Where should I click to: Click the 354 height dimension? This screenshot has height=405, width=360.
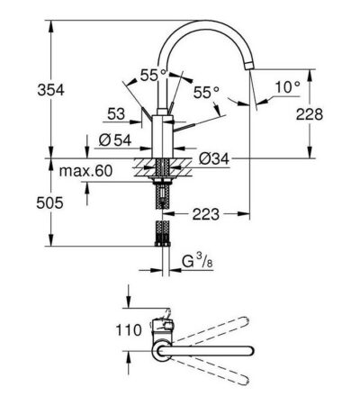(50, 90)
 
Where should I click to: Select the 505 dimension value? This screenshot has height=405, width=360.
(49, 203)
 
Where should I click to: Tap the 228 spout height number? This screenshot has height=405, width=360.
(310, 114)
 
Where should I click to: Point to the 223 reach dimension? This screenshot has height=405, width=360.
(206, 214)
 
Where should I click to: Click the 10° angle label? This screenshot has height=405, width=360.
(288, 87)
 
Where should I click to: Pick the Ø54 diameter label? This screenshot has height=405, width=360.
(115, 139)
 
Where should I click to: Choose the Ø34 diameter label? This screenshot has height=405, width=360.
(214, 158)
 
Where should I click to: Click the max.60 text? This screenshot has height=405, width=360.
(85, 171)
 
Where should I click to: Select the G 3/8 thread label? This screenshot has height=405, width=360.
(197, 262)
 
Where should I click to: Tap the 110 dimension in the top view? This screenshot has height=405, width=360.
(129, 330)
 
